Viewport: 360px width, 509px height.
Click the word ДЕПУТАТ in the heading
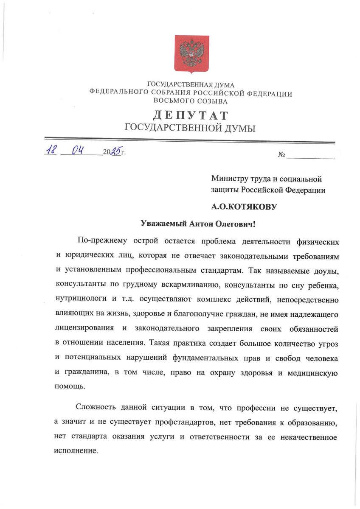coord(191,115)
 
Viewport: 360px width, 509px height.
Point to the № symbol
coord(281,155)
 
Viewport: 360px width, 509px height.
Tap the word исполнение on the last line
coord(76,450)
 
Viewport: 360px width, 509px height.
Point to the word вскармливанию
coord(184,285)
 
